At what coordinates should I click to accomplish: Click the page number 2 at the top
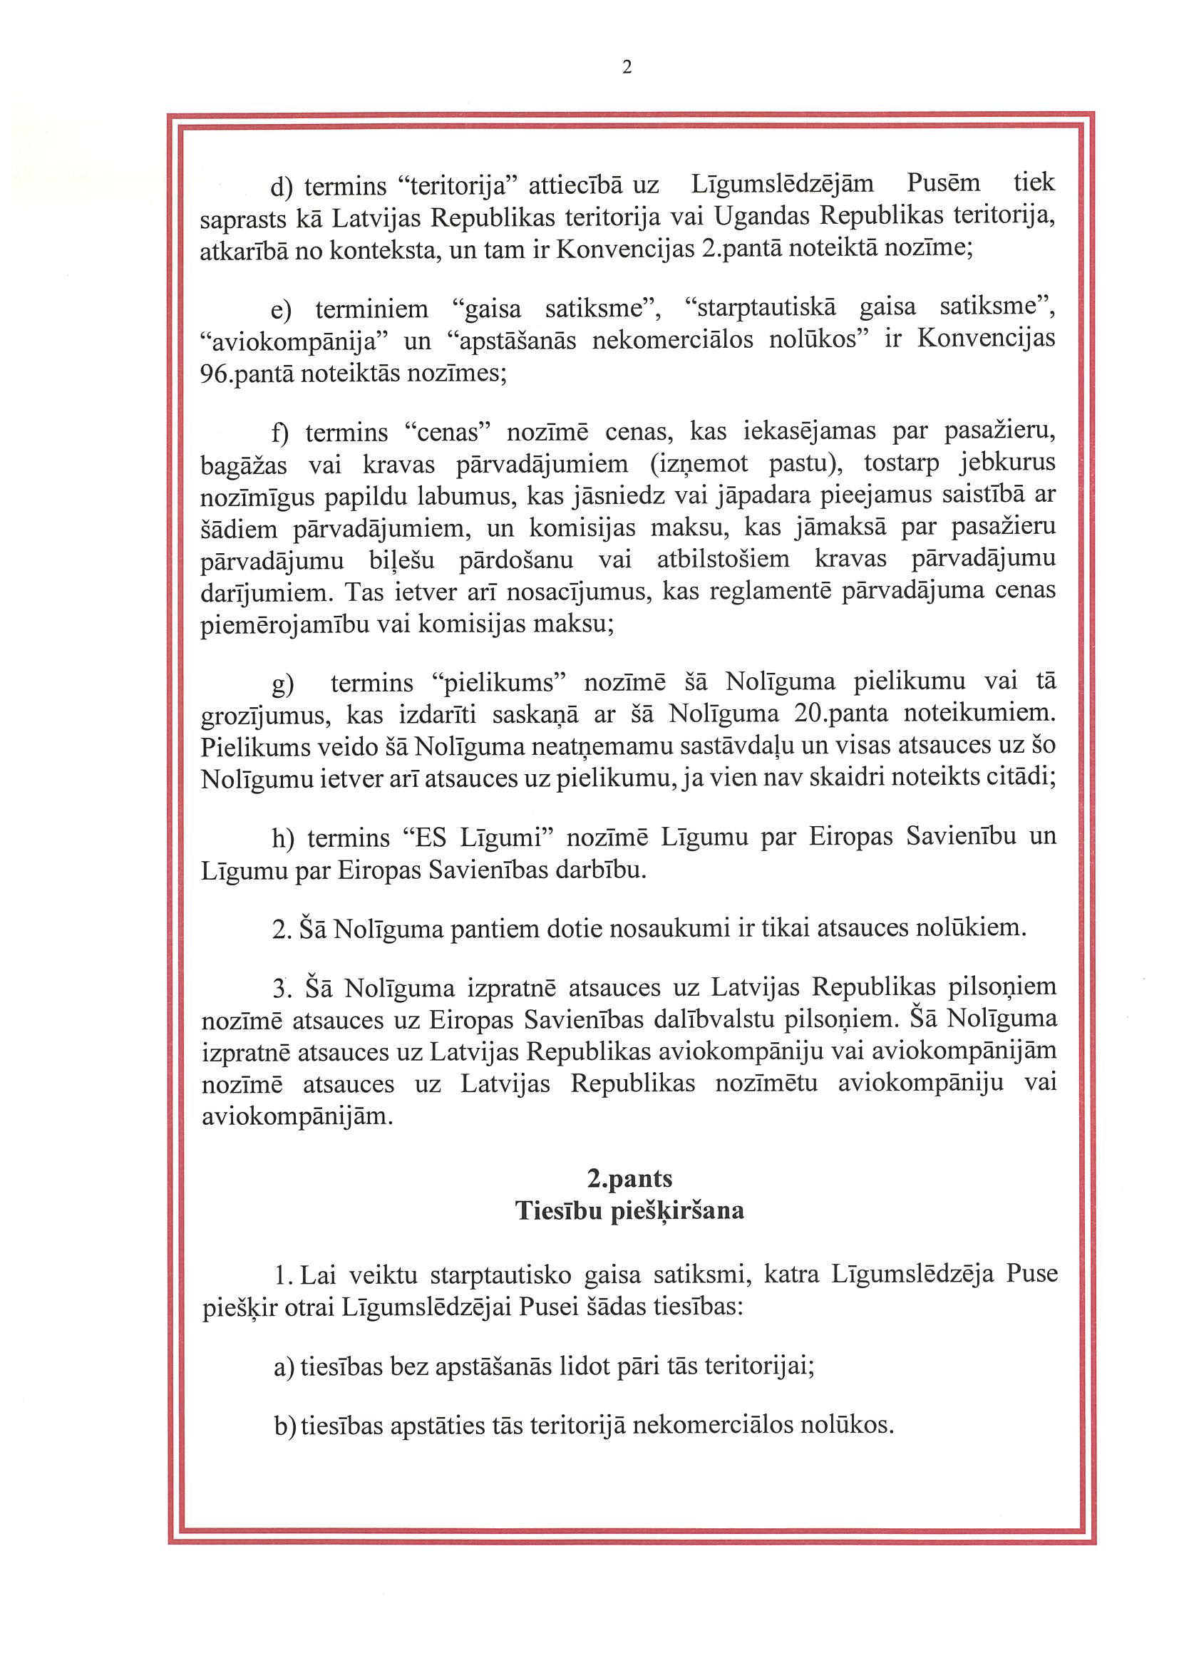(x=627, y=68)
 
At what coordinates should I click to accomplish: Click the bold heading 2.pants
(x=629, y=1178)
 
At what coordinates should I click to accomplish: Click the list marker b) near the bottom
(x=284, y=1426)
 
